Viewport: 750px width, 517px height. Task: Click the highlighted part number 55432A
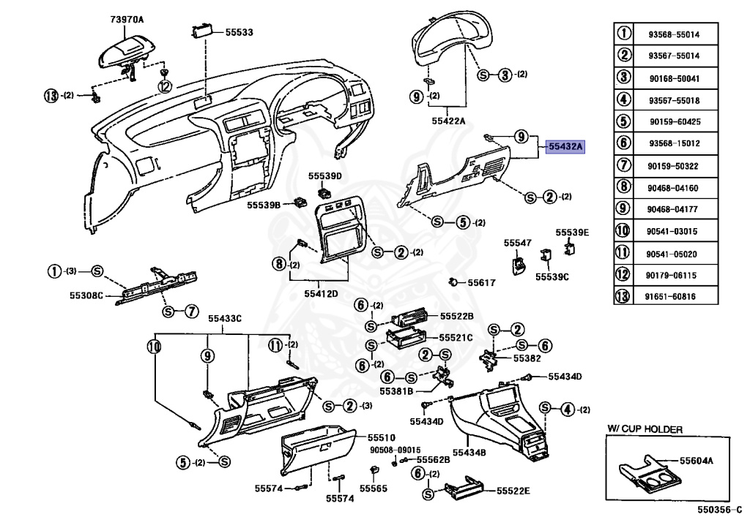point(565,147)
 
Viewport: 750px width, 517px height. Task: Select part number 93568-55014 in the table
point(673,34)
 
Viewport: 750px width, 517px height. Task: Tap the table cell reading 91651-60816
point(673,296)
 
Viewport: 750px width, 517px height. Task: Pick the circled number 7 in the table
point(624,166)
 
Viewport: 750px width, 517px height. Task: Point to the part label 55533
point(239,33)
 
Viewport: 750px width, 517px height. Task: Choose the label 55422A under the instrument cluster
point(448,121)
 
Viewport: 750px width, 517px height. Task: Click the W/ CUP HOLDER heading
point(645,429)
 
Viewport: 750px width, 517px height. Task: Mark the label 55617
point(482,282)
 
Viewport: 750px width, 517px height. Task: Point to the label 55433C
point(224,318)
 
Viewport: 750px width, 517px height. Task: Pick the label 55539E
point(572,233)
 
